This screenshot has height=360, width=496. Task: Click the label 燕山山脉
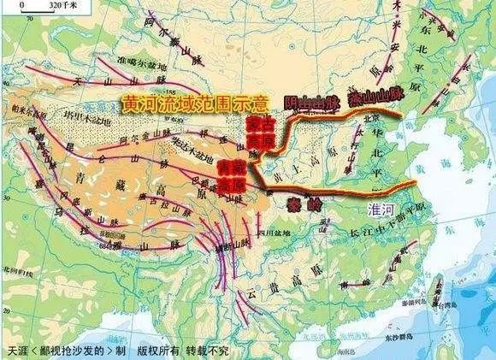pyautogui.click(x=372, y=96)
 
